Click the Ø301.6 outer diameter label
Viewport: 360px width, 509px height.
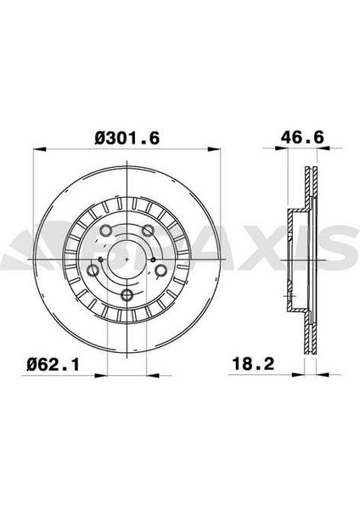pos(127,138)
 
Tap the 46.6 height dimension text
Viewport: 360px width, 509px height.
pos(302,137)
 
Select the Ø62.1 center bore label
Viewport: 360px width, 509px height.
pos(53,365)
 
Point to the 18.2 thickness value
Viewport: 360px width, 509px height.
pos(253,364)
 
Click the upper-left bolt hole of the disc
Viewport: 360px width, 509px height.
pos(106,231)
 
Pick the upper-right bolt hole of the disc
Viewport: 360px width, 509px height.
pos(148,231)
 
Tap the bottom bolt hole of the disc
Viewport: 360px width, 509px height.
pos(127,295)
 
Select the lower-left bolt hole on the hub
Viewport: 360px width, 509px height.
pos(93,270)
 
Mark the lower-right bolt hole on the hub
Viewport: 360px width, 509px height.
pos(160,270)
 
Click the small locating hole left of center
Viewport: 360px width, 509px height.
pos(100,260)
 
